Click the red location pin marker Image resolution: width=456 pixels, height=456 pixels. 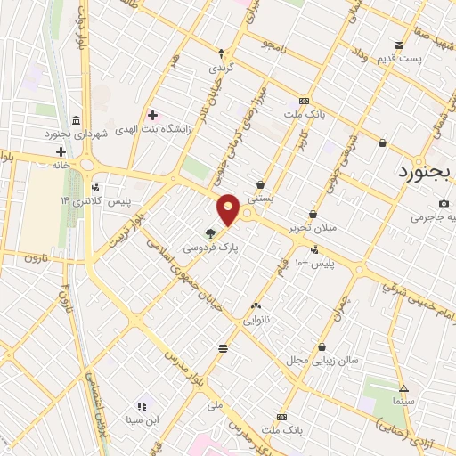click(229, 209)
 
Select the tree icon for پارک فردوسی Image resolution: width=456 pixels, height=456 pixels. click(210, 234)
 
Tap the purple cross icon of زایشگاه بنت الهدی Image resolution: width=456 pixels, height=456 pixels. click(152, 115)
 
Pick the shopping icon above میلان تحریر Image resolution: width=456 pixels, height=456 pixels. click(313, 214)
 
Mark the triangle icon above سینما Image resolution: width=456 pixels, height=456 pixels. click(403, 388)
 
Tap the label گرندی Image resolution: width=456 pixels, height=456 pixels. click(220, 68)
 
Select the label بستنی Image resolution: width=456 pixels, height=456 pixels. click(261, 199)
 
